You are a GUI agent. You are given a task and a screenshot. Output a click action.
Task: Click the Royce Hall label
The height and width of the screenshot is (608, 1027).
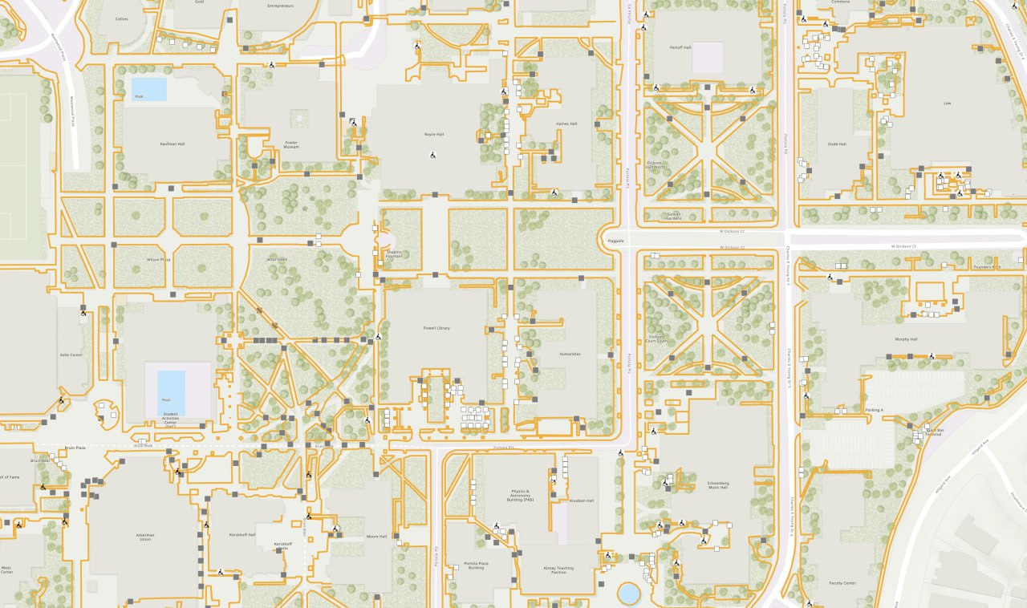(434, 135)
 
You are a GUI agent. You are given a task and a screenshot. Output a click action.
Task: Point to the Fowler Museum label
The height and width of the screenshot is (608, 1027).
(291, 145)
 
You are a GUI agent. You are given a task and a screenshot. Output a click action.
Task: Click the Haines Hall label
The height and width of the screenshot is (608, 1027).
(566, 124)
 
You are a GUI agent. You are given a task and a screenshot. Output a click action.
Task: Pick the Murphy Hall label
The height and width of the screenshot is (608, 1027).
(906, 339)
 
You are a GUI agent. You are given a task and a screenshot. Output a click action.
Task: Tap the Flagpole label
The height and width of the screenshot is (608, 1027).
(615, 241)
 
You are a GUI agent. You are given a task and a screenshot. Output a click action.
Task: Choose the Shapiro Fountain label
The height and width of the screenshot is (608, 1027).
(394, 254)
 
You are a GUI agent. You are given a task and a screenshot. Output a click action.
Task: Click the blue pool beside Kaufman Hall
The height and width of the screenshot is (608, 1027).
(149, 89)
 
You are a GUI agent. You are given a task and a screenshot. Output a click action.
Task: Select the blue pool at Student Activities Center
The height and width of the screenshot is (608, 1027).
(171, 391)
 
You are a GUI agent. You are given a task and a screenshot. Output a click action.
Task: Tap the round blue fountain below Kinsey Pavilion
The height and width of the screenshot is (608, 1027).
(629, 594)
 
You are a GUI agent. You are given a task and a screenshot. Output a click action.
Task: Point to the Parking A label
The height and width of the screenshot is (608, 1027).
(874, 410)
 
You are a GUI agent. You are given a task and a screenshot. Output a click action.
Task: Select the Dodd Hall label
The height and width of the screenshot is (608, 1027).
(837, 144)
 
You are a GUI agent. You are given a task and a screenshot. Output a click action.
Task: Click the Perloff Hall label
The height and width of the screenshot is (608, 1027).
(680, 47)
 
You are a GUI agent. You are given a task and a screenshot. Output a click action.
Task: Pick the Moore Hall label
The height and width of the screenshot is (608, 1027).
(377, 537)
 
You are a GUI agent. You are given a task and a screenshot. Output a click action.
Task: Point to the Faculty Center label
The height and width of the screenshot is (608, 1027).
(842, 583)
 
